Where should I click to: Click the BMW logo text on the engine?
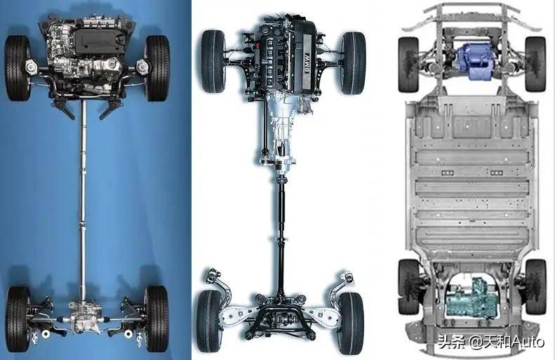307,63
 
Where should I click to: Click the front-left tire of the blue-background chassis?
18,68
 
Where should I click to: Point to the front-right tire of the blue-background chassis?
157,68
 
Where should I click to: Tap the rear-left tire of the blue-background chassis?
18,319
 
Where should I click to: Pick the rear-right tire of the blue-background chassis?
156,319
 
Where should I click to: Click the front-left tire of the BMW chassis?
213,61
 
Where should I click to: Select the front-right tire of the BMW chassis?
354,63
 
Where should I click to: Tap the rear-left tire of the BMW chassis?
209,321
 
